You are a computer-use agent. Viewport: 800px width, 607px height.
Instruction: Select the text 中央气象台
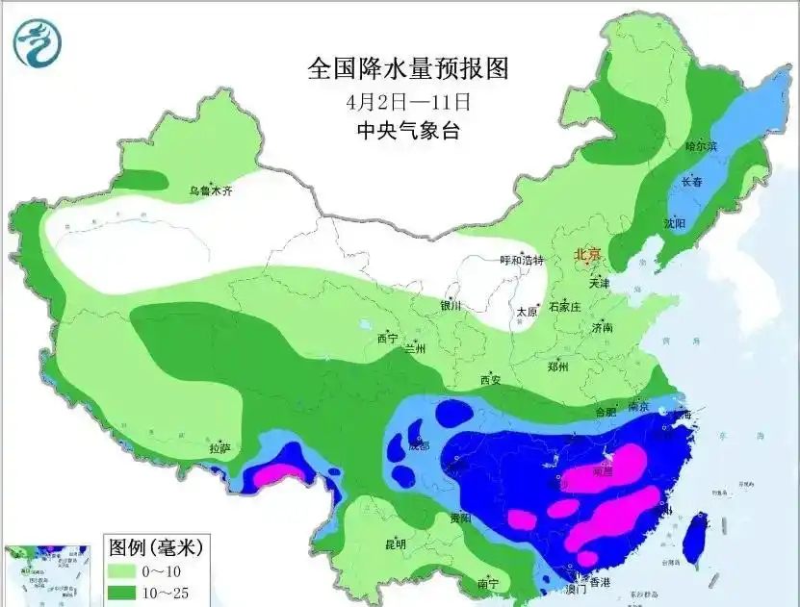(407, 130)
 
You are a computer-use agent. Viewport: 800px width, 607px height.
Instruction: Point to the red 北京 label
(587, 255)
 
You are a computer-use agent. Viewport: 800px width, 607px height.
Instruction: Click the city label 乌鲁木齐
(211, 191)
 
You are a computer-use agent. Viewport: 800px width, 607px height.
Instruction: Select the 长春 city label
(692, 181)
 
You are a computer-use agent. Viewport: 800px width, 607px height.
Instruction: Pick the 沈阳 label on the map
(674, 223)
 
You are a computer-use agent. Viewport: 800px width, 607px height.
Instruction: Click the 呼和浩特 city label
(521, 260)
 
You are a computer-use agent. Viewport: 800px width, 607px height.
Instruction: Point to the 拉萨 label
(219, 447)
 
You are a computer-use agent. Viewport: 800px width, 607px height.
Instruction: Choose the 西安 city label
(491, 380)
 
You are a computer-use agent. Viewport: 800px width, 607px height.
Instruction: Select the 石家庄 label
(564, 308)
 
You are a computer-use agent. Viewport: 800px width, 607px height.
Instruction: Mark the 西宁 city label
(387, 338)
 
